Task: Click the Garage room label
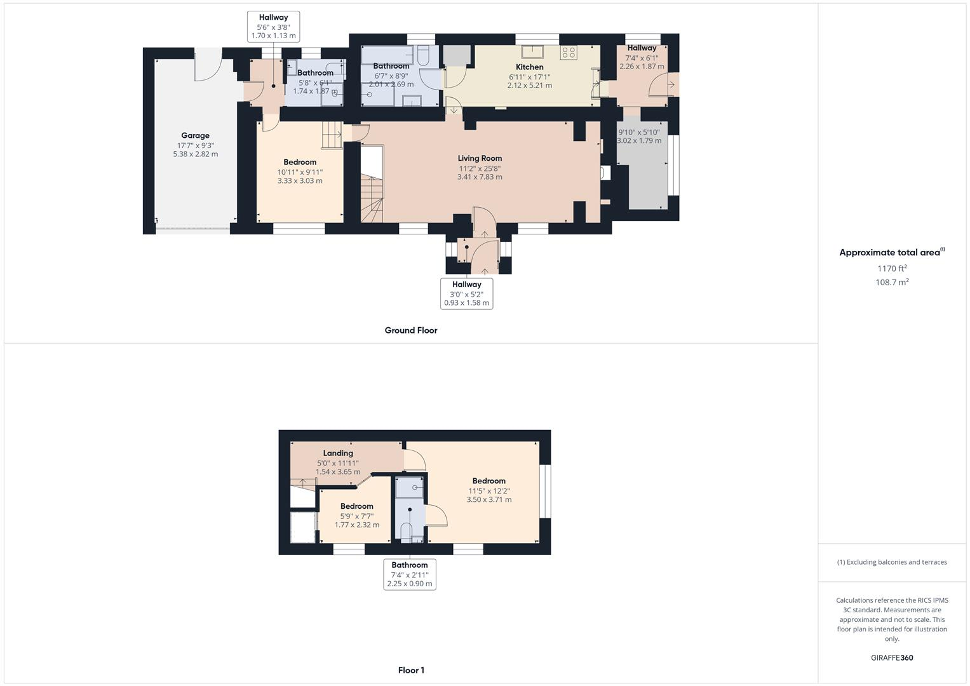tap(195, 135)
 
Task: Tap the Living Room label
tap(480, 158)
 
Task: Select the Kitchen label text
tap(529, 67)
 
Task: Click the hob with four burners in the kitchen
tap(568, 53)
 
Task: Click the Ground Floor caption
tap(411, 330)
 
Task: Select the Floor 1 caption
tap(411, 670)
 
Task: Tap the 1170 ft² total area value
tap(892, 269)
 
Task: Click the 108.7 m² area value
tap(892, 283)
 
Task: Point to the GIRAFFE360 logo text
tap(892, 657)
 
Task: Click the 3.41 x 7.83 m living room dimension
tap(480, 177)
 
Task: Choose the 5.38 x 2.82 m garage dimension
tap(195, 154)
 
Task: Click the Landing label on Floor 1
tap(338, 453)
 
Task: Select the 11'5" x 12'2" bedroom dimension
tap(489, 491)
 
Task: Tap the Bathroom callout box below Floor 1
tap(410, 574)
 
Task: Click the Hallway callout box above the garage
tap(273, 27)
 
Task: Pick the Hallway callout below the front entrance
tap(467, 293)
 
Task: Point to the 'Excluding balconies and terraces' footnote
tap(892, 562)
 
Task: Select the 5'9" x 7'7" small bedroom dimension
tap(357, 516)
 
